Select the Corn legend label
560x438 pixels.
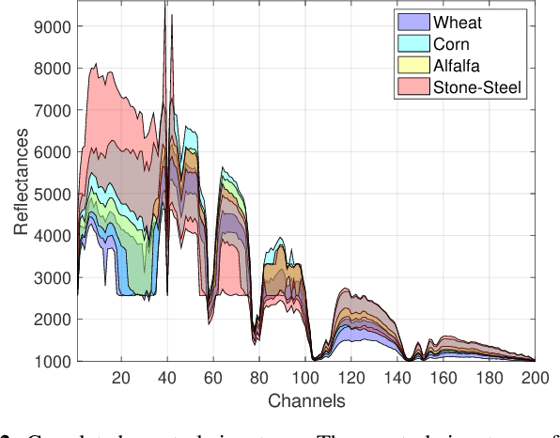tap(452, 43)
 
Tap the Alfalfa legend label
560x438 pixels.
tap(459, 65)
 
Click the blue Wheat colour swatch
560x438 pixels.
tap(413, 22)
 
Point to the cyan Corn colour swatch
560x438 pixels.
tap(413, 43)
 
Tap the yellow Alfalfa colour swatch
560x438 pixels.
tap(413, 65)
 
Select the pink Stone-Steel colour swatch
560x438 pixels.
tap(413, 87)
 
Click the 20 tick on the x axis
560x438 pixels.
tap(120, 378)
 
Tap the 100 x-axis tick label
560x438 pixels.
tap(304, 378)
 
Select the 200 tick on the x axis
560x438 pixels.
tap(535, 378)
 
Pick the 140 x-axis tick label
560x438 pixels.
tap(397, 378)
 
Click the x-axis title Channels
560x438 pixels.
tap(306, 401)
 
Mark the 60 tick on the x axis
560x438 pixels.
tap(212, 378)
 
